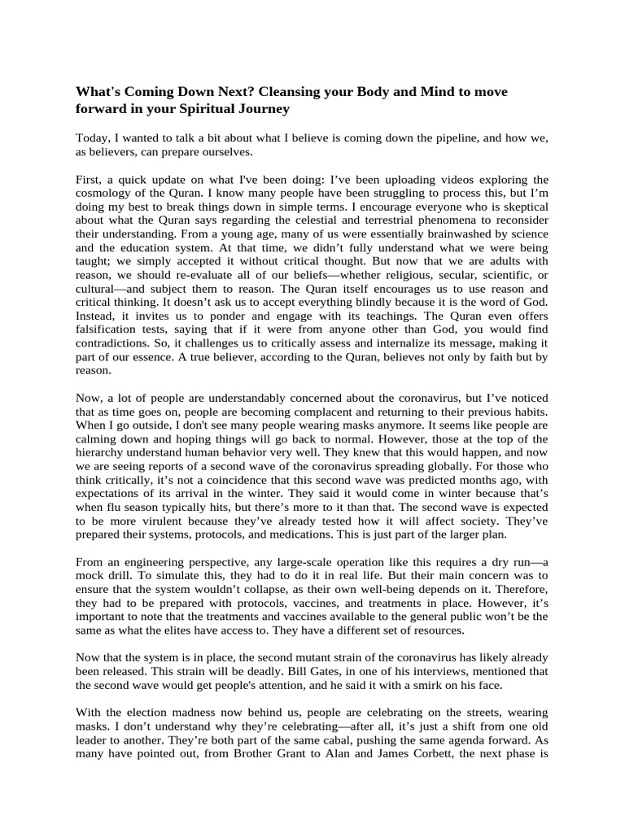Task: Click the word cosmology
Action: click(109, 192)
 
